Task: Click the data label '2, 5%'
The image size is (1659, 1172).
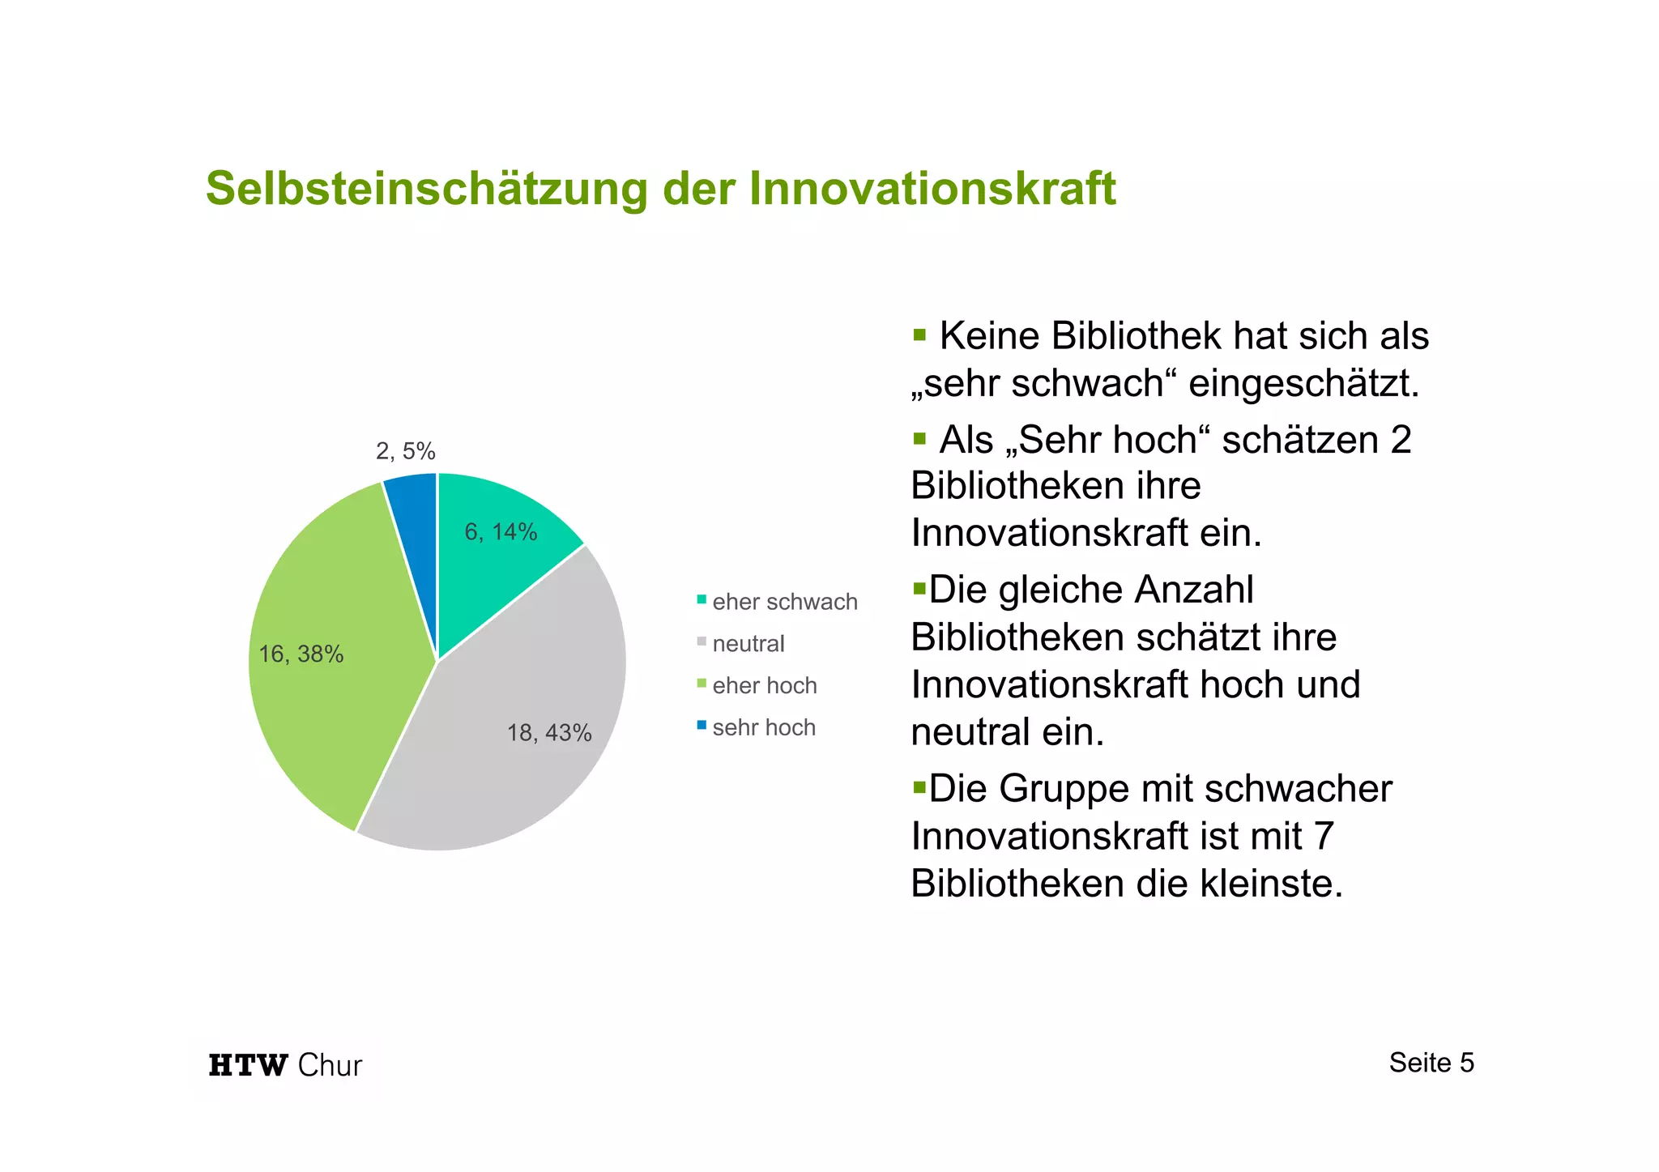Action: point(405,451)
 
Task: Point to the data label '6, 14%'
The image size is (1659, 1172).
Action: point(501,532)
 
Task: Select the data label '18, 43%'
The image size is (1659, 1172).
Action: point(549,733)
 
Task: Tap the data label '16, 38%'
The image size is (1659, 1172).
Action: point(301,654)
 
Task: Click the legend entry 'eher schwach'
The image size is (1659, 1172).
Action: point(784,602)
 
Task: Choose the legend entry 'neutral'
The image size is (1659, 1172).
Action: point(748,644)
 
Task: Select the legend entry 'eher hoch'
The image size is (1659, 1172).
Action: point(764,686)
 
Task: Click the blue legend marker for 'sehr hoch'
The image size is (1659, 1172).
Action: point(702,725)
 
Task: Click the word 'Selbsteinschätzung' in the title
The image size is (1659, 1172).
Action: point(427,189)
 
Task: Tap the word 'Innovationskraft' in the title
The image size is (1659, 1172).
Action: point(932,189)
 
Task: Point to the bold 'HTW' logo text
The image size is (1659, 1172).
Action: point(248,1065)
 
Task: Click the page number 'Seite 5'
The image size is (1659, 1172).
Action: point(1431,1063)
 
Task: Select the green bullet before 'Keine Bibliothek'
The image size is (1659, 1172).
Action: point(919,335)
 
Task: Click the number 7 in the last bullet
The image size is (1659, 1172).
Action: point(1324,836)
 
